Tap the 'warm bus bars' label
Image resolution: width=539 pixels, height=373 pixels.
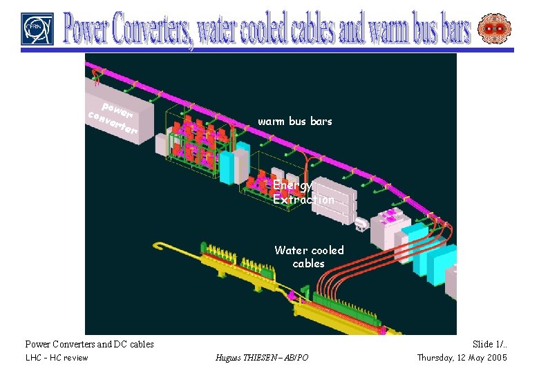pyautogui.click(x=295, y=122)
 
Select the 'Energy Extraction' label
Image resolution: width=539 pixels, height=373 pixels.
pyautogui.click(x=303, y=192)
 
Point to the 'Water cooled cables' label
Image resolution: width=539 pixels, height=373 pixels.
pyautogui.click(x=309, y=256)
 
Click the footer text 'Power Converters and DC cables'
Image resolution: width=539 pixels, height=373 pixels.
pyautogui.click(x=89, y=344)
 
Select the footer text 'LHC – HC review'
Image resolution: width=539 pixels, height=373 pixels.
pyautogui.click(x=57, y=357)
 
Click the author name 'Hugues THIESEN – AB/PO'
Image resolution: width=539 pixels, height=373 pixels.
pyautogui.click(x=262, y=357)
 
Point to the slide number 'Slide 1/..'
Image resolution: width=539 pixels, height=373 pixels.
pyautogui.click(x=489, y=344)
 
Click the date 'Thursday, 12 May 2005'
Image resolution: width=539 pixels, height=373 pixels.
pyautogui.click(x=462, y=357)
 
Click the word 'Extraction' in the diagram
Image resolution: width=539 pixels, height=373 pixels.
pyautogui.click(x=303, y=200)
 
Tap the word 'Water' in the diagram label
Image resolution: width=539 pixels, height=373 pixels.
pyautogui.click(x=290, y=250)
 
